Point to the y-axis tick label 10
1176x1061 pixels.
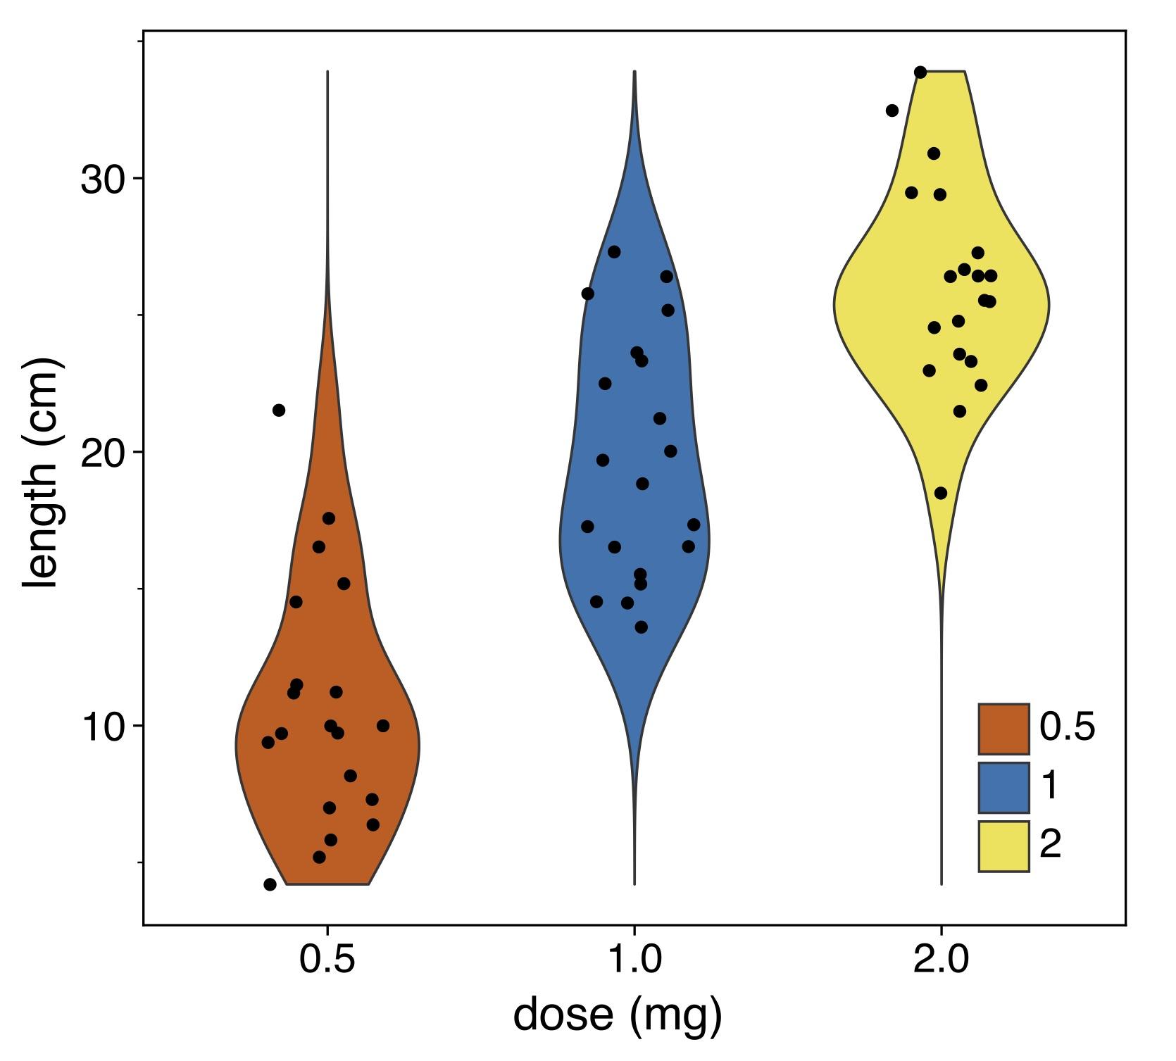[102, 727]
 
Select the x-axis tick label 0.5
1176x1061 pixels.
[327, 959]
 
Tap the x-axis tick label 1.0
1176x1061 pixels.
[634, 959]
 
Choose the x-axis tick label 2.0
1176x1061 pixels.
[942, 959]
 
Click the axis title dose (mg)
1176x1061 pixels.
[618, 1015]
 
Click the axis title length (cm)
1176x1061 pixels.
[40, 473]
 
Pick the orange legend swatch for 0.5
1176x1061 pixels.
[1003, 729]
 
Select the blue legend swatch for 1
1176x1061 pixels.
[1003, 787]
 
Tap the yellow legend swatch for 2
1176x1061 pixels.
[1003, 846]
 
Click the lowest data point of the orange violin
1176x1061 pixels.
[270, 884]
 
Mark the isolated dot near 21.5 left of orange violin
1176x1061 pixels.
[279, 410]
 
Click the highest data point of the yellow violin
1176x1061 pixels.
[920, 73]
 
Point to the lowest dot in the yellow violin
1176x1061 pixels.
[941, 493]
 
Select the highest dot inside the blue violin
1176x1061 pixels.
[614, 252]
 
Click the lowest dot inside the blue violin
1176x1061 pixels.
[641, 627]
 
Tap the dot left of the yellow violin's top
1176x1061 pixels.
[892, 111]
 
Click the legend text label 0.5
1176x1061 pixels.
[1067, 727]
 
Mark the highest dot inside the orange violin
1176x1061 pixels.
[329, 518]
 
